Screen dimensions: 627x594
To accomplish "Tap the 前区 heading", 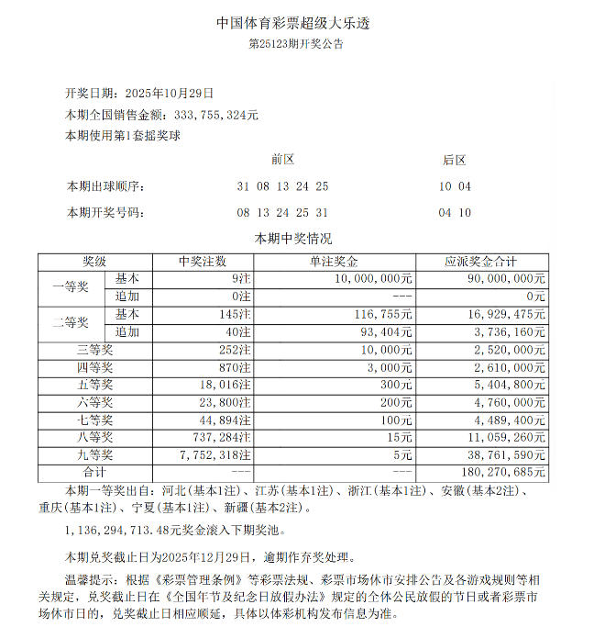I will [x=282, y=160].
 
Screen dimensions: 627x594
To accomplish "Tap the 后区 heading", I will [x=455, y=160].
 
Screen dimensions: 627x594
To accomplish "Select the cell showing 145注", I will [x=236, y=314].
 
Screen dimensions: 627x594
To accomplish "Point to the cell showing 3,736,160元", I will [x=510, y=331].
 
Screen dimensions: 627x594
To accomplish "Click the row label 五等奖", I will [x=94, y=385].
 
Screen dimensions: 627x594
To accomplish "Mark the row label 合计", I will [x=94, y=473].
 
